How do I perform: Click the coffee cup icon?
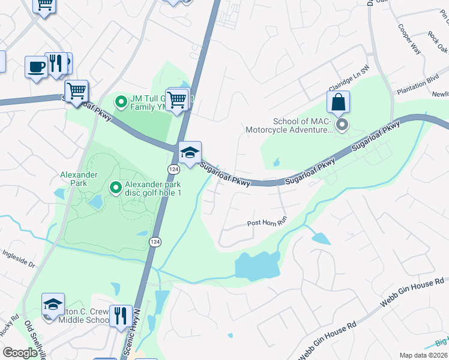[x=35, y=66]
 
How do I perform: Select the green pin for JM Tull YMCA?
[x=119, y=101]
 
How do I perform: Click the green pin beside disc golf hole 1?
[x=116, y=188]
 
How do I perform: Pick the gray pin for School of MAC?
[x=342, y=125]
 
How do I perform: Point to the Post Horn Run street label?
[x=268, y=223]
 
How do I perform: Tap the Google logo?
[x=20, y=352]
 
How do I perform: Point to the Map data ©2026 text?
[x=423, y=355]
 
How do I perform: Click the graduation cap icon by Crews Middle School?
[x=53, y=304]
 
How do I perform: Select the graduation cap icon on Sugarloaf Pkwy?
[x=190, y=152]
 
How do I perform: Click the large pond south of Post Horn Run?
[x=258, y=265]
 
